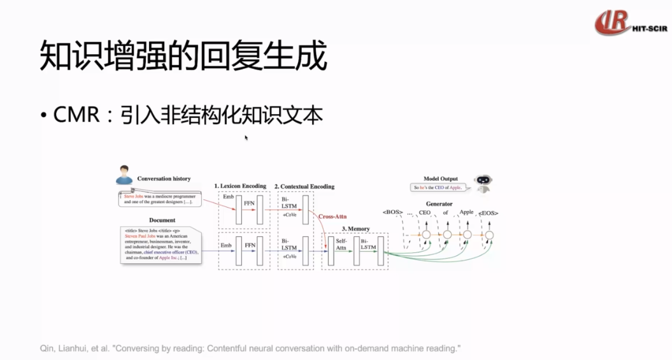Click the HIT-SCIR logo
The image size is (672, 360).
(630, 23)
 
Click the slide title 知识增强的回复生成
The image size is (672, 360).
(183, 56)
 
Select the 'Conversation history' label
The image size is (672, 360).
(164, 179)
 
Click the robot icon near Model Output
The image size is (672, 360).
(483, 184)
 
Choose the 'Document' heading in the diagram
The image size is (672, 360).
(162, 220)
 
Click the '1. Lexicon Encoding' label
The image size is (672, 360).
(240, 186)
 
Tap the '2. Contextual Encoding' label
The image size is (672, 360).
(304, 187)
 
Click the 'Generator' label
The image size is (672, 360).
(439, 204)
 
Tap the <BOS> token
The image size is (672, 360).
(393, 213)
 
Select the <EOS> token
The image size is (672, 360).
(488, 213)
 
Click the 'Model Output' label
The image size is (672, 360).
(441, 179)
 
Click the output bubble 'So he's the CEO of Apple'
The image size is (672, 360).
(438, 188)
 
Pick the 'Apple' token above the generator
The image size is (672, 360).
(466, 212)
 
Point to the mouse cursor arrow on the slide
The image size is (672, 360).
(246, 137)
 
